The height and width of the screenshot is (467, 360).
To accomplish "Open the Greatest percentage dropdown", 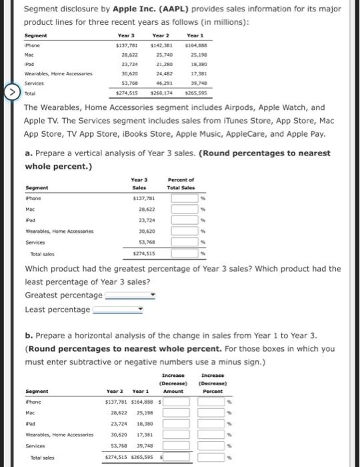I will click(130, 295).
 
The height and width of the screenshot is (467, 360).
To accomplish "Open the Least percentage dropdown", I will click(118, 310).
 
